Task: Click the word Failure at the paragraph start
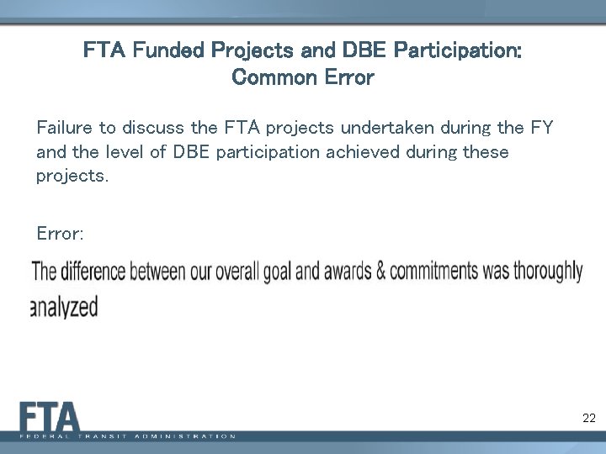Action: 65,128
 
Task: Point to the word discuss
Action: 154,128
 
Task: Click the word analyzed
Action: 64,308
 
